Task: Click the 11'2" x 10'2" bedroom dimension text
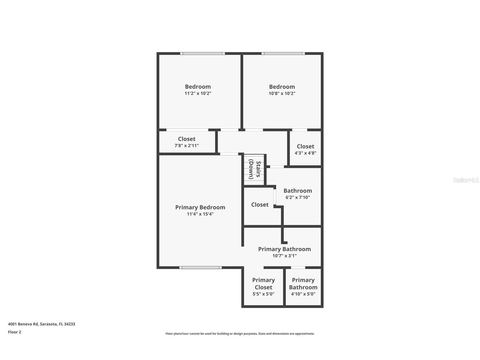(198, 93)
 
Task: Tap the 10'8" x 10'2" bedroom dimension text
(282, 93)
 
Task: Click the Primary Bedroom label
(200, 207)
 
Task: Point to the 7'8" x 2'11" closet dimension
(187, 146)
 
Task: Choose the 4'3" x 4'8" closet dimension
(305, 153)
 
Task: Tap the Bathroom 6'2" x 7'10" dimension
(297, 198)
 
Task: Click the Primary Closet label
(263, 283)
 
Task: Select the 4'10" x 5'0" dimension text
(303, 294)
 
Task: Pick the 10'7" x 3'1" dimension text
(284, 256)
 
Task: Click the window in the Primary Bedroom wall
(200, 267)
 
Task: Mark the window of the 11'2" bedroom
(202, 53)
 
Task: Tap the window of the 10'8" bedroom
(283, 53)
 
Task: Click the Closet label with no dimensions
(260, 205)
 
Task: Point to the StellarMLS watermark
(466, 180)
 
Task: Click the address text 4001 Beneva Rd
(42, 324)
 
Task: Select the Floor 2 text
(14, 332)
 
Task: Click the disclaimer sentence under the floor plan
(240, 334)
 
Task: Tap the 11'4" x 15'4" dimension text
(200, 214)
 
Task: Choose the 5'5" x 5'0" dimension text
(263, 294)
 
